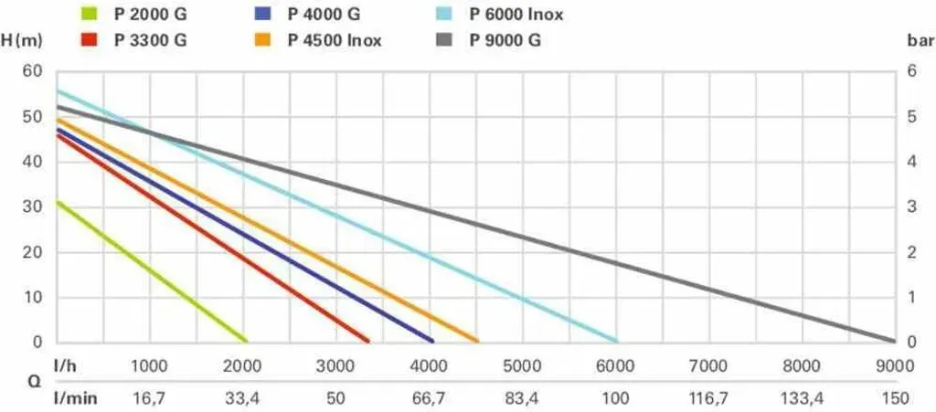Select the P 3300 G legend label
click(151, 40)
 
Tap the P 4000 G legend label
click(324, 14)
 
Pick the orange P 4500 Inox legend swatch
click(262, 40)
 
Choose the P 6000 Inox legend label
click(516, 14)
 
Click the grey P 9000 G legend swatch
click(444, 40)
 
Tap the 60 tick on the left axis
click(33, 71)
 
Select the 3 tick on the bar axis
click(911, 206)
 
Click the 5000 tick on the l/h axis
click(522, 366)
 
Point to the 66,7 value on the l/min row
click(429, 398)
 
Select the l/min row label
click(75, 397)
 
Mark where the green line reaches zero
click(246, 341)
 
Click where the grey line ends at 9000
click(895, 341)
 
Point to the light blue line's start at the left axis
click(57, 90)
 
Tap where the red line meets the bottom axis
click(368, 341)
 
